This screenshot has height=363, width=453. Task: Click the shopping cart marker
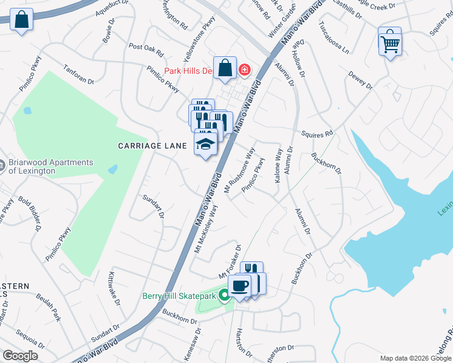coord(390,41)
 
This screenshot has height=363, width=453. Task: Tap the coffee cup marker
coord(240,286)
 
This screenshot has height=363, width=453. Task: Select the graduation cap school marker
coord(206,145)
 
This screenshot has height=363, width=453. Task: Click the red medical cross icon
coord(245,71)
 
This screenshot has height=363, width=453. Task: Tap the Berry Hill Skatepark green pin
coord(224,296)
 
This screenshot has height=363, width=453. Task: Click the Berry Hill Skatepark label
coord(179,296)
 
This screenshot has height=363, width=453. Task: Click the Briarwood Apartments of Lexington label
coord(51,166)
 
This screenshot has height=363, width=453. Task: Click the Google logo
coord(21,356)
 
